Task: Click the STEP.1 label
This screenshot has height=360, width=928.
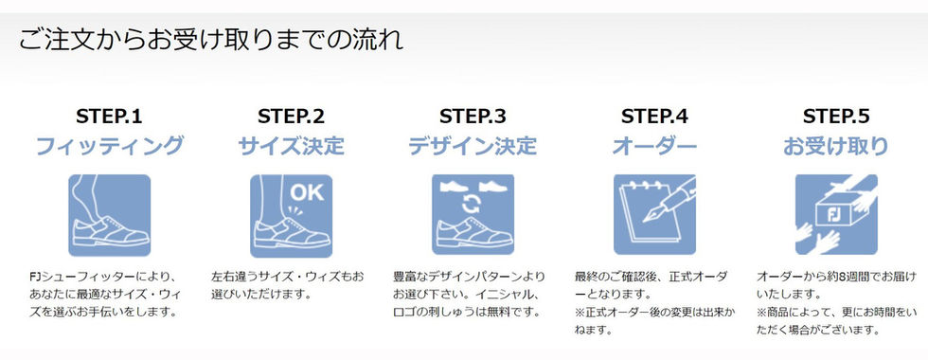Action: coord(110,117)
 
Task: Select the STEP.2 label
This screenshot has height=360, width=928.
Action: coord(292,117)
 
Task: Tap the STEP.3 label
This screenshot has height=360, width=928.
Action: coord(473,117)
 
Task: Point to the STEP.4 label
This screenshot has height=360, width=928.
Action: coord(654,117)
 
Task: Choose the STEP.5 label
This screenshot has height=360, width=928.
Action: coord(836,117)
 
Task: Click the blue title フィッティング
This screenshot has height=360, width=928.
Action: coord(110,146)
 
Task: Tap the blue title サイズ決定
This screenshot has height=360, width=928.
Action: coord(292,146)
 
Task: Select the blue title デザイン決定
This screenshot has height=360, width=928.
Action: coord(473,146)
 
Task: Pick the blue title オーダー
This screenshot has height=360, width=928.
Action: coord(654,146)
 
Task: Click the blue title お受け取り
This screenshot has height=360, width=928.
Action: coord(836,146)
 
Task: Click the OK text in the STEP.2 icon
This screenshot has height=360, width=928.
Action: coord(307,192)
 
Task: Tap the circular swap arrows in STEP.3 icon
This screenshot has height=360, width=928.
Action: coord(473,205)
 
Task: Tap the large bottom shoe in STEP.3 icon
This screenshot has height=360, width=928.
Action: coord(473,233)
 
